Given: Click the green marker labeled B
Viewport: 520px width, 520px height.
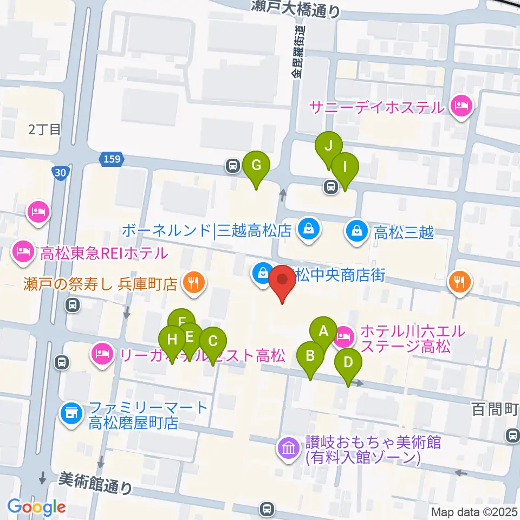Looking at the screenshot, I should click(x=311, y=356).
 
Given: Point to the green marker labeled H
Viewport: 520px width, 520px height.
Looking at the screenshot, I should click(x=172, y=341).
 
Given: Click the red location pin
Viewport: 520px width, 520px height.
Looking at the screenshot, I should click(x=282, y=281).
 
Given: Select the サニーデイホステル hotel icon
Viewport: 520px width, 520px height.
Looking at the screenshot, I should click(x=460, y=106).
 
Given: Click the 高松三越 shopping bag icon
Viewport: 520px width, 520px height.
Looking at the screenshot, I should click(x=358, y=232).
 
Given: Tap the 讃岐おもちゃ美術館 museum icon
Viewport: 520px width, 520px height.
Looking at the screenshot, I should click(x=288, y=448).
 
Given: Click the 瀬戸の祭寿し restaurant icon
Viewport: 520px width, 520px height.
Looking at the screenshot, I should click(x=192, y=282).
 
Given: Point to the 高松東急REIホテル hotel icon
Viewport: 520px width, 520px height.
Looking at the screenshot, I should click(x=23, y=251).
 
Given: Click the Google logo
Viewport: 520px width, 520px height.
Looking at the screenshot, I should click(x=36, y=507).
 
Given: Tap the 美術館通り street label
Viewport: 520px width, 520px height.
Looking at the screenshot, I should click(x=95, y=481).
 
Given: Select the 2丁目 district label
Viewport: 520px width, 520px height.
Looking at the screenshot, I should click(x=45, y=129).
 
